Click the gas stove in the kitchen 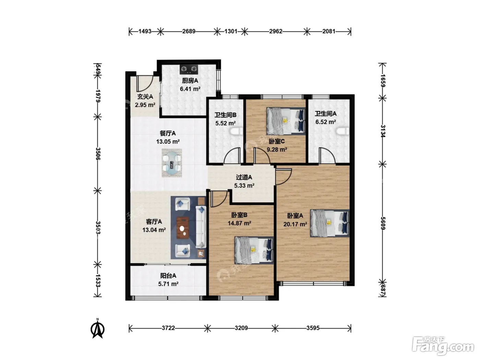click(x=189, y=69)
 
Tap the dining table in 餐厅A click(x=172, y=163)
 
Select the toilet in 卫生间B click(x=237, y=132)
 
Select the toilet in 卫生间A click(x=343, y=132)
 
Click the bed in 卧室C click(x=286, y=121)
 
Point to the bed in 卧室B click(x=254, y=250)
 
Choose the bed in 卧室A click(x=329, y=223)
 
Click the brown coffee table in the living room click(x=183, y=228)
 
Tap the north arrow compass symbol click(x=97, y=328)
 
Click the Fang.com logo click(x=443, y=347)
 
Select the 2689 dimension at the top click(x=189, y=32)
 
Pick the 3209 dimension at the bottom click(x=241, y=328)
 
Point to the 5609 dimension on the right click(x=383, y=223)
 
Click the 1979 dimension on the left click(x=98, y=96)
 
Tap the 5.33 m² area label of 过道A click(x=244, y=185)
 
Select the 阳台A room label click(x=168, y=276)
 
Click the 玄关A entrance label click(x=145, y=97)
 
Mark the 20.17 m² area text click(x=295, y=224)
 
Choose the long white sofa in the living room click(x=201, y=227)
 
